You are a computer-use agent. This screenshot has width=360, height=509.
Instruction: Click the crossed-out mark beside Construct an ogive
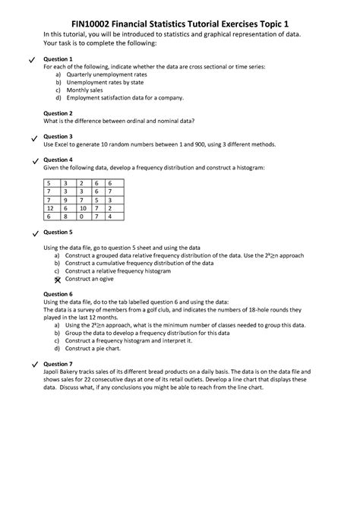pyautogui.click(x=57, y=279)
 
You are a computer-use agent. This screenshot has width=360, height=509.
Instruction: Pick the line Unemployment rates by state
pyautogui.click(x=109, y=82)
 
